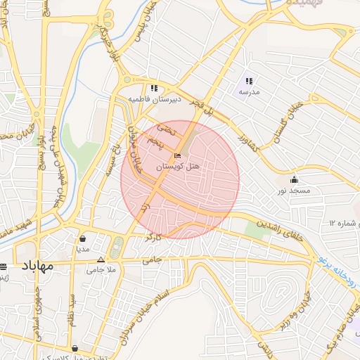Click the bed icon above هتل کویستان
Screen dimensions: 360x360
point(176,155)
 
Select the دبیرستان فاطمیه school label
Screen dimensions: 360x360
point(154,99)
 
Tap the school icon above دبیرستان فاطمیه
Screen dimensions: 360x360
point(153,88)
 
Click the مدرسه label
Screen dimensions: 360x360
point(249,92)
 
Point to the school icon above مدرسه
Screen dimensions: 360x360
point(249,81)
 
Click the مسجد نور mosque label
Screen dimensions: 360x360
point(292,191)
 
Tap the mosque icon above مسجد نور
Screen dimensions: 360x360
point(293,179)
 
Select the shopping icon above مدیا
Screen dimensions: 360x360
point(83,238)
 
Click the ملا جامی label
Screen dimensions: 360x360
point(100,269)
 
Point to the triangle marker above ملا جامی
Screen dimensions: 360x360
point(100,259)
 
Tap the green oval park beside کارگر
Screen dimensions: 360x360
point(117,247)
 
